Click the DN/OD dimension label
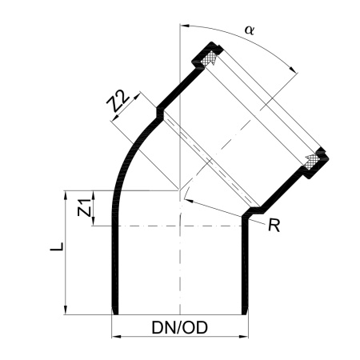[x=179, y=327]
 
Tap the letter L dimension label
[x=57, y=246]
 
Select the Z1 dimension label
[x=84, y=207]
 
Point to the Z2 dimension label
[x=118, y=101]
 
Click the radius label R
[x=274, y=225]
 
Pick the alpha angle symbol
[x=250, y=30]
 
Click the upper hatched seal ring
[x=209, y=59]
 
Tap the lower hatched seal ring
[x=313, y=162]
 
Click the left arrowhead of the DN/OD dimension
[x=116, y=337]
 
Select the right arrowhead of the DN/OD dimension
[x=244, y=337]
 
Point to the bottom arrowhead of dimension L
[x=66, y=310]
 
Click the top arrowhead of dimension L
[x=66, y=195]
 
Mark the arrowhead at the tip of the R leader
[x=188, y=201]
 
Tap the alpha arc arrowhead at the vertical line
[x=185, y=26]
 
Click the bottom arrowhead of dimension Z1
[x=94, y=222]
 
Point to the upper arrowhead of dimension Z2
[x=137, y=96]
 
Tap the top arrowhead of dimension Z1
[x=94, y=195]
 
